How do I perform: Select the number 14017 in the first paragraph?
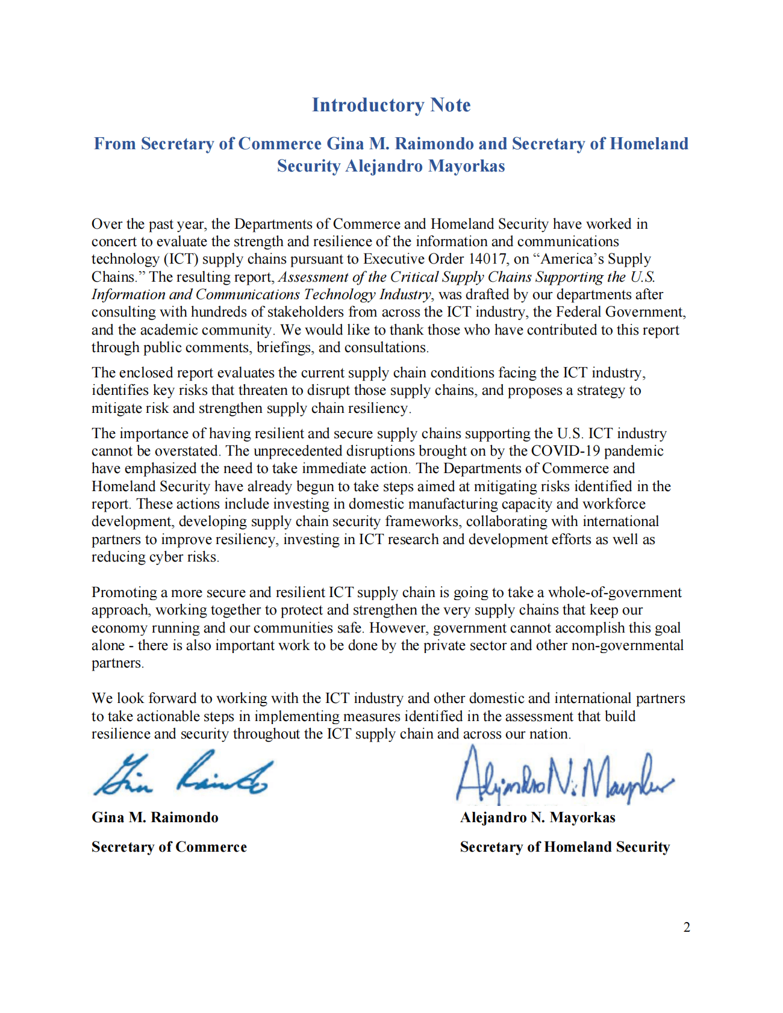coord(487,259)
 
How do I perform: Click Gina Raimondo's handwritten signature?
coord(184,775)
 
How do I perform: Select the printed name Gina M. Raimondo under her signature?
coord(155,817)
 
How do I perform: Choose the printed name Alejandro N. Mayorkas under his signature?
coord(537,817)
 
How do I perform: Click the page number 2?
coord(687,928)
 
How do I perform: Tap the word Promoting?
coord(124,593)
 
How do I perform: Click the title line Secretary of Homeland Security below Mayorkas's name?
coord(564,847)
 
